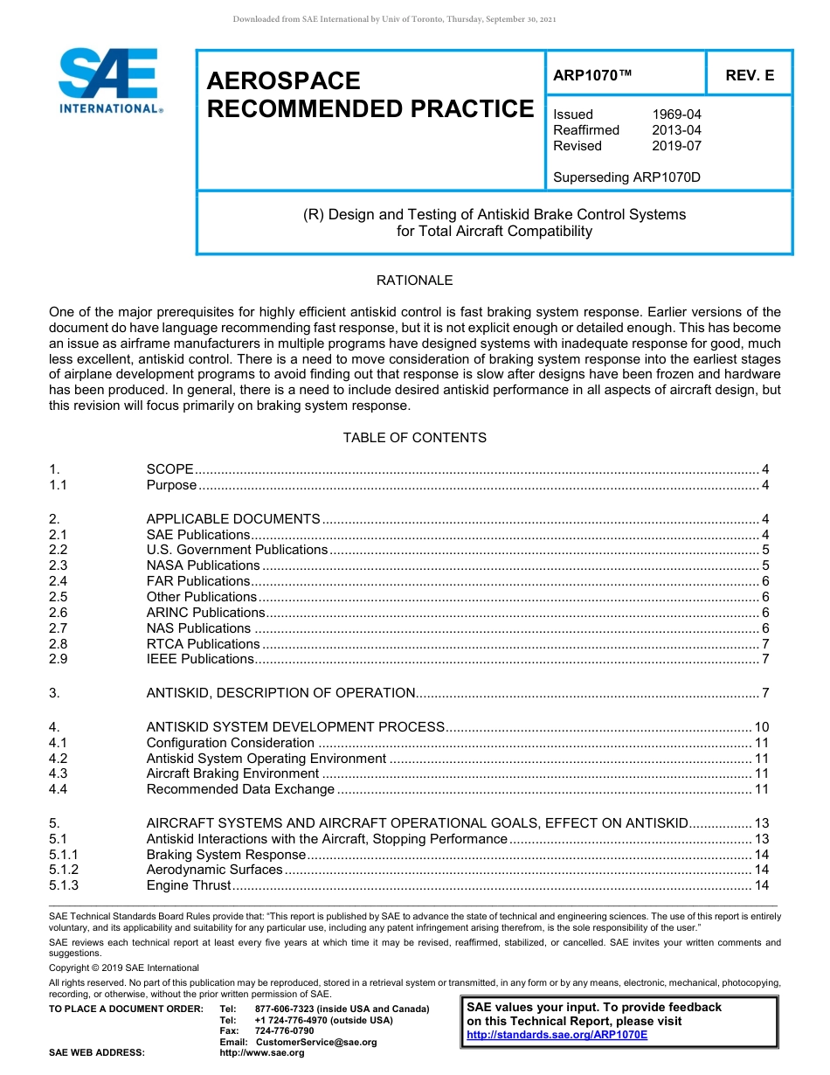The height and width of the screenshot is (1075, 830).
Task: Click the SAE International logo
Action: pos(109,80)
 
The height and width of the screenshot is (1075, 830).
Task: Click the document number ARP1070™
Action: pos(592,75)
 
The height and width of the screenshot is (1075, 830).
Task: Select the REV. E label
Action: pos(749,75)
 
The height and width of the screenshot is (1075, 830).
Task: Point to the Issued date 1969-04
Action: pos(676,114)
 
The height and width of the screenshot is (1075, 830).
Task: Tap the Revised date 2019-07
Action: pos(676,146)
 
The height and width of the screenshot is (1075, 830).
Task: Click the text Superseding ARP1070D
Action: pos(627,177)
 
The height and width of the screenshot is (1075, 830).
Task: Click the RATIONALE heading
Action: pos(414,281)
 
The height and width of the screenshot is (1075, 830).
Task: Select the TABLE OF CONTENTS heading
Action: pos(414,437)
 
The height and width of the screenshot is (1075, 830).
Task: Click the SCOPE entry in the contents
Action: pos(169,469)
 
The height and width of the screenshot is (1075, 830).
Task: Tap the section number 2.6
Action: pos(59,613)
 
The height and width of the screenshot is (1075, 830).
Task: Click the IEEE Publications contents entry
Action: pos(200,659)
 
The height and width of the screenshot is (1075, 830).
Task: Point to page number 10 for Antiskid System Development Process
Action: pos(761,727)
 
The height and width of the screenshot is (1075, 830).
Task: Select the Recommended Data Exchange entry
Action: pos(240,789)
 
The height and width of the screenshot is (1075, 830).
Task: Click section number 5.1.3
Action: pos(64,885)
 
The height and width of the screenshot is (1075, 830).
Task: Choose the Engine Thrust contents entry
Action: pos(189,885)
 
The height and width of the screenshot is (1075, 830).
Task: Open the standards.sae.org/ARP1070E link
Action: pos(557,1035)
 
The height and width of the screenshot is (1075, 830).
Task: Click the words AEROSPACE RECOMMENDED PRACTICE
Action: pos(370,94)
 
